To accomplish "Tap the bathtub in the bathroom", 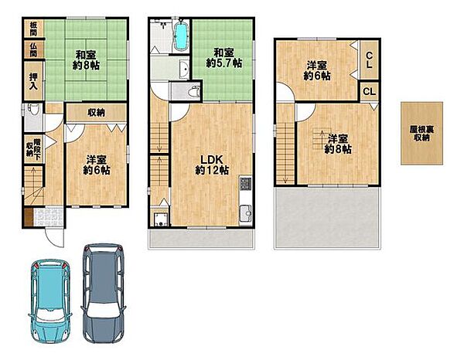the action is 180,36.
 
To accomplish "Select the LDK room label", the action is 212,165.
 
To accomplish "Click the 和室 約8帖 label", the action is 86,60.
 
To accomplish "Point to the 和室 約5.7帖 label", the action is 223,58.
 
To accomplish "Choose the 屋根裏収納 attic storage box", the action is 421,134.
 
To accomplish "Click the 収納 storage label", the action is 96,112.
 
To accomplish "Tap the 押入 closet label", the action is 33,81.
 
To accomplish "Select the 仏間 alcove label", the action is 33,49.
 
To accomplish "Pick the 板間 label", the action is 33,29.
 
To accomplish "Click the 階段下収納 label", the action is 33,149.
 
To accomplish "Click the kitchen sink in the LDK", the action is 246,213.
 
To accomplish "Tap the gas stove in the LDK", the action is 245,184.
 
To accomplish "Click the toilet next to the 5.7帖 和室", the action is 194,91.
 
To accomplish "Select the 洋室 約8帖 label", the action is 338,144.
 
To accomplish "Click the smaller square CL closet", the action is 369,91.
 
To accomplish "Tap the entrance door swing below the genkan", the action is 54,237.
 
